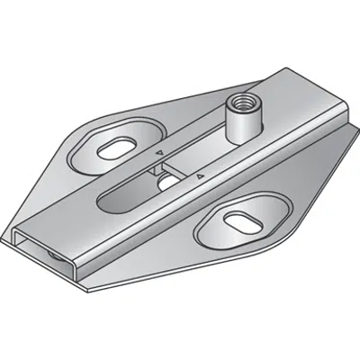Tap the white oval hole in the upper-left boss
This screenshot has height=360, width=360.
click(117, 147)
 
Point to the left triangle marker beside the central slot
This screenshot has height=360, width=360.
click(160, 154)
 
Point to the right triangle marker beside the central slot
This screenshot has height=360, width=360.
click(201, 179)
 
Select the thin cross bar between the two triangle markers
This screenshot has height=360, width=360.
click(180, 166)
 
